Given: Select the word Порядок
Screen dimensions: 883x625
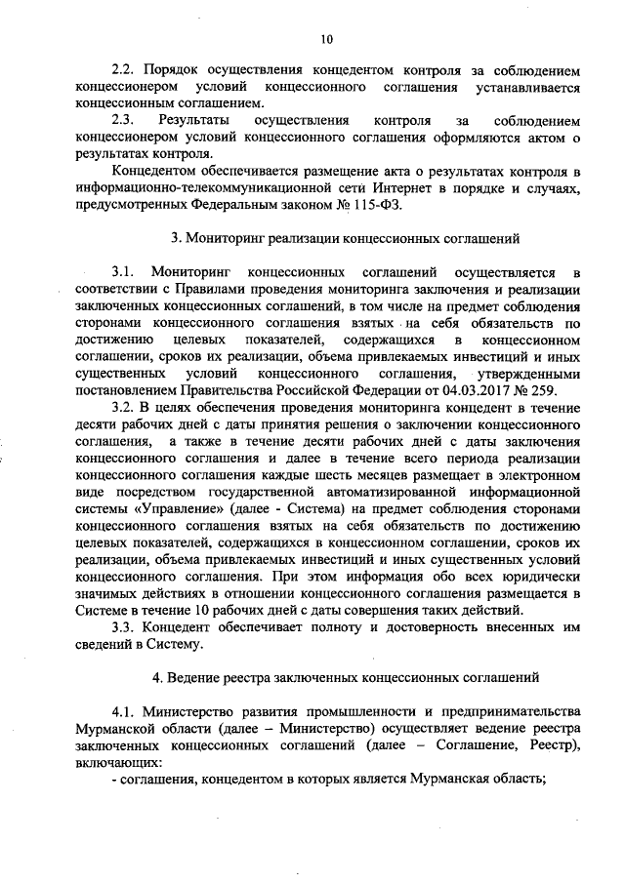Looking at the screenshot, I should (174, 71).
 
